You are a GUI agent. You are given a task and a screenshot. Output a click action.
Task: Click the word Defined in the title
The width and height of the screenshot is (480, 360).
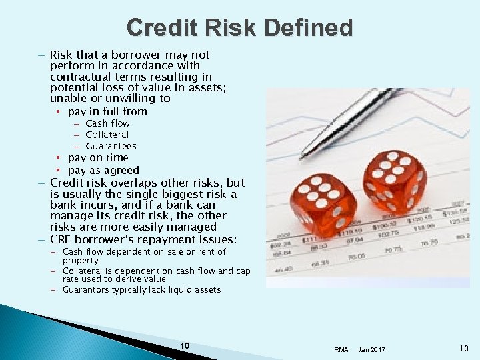point(308,28)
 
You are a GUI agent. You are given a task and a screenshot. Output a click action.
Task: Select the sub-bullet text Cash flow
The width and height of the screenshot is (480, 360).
point(107,123)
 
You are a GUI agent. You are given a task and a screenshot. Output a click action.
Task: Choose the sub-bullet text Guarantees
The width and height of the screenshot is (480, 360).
point(111,146)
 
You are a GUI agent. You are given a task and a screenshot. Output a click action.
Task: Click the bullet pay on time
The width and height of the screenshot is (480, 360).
point(98,157)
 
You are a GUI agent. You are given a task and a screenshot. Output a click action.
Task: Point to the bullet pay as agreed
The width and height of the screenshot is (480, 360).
point(103,170)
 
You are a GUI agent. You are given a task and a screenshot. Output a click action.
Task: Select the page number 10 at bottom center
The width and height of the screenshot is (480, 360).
point(185,345)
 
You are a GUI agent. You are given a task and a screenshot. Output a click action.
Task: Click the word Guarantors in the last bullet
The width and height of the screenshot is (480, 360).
point(85,290)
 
